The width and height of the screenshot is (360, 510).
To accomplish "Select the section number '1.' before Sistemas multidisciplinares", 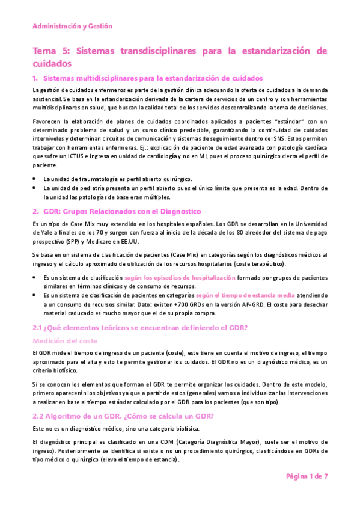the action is [35, 78].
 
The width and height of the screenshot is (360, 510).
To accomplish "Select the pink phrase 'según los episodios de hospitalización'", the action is [180, 278].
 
